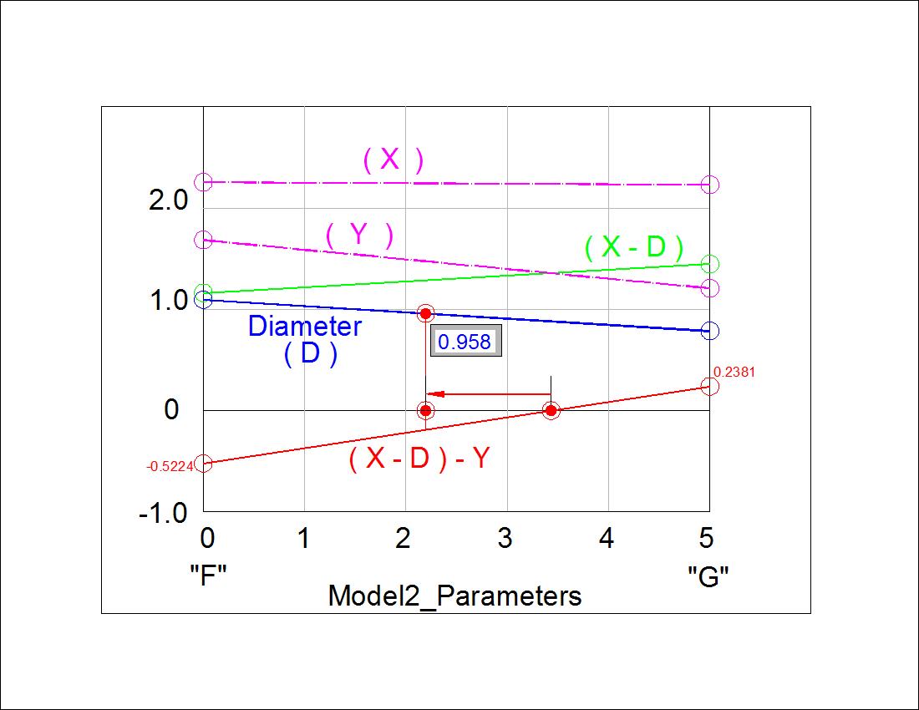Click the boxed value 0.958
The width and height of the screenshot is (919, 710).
(x=465, y=342)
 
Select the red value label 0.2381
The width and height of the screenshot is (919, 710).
(x=734, y=373)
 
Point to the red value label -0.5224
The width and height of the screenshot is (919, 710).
(x=170, y=467)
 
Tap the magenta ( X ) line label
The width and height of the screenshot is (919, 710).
(x=393, y=160)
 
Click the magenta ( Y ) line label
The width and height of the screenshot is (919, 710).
(x=359, y=236)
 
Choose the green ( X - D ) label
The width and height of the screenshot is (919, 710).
(x=634, y=247)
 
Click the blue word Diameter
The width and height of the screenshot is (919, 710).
(x=305, y=326)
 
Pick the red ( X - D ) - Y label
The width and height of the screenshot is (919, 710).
(x=419, y=459)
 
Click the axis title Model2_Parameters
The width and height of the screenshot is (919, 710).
(x=454, y=596)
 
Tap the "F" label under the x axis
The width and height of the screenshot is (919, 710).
(x=209, y=576)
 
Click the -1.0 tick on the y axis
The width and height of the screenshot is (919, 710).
(x=163, y=512)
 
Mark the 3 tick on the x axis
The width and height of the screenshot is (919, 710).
(x=505, y=539)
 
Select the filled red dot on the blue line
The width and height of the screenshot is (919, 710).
(x=425, y=313)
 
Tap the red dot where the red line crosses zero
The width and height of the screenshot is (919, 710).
(x=551, y=410)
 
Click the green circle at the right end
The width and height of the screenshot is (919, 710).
(x=709, y=264)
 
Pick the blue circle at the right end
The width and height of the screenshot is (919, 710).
(x=709, y=331)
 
